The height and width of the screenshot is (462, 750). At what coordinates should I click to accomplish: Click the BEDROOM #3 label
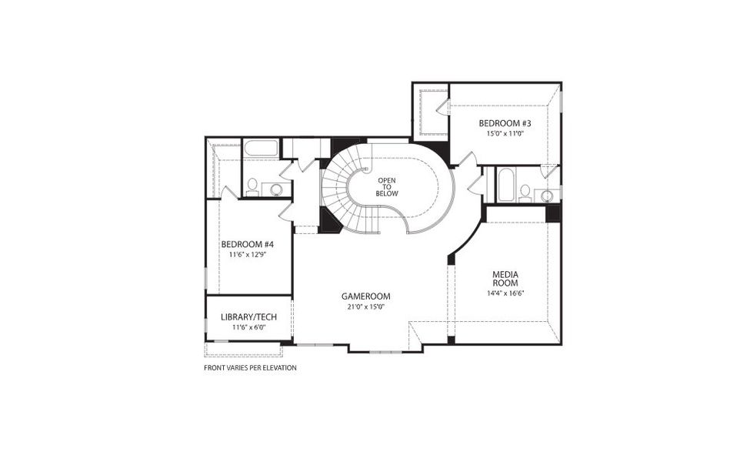505,123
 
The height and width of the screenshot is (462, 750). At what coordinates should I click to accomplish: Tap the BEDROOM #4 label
248,245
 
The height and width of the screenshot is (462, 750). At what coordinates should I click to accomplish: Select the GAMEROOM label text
366,296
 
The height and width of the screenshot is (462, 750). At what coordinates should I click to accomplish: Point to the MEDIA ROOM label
505,279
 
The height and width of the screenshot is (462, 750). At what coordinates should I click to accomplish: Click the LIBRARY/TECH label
248,317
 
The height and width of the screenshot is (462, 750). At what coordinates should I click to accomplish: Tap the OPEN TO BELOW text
386,187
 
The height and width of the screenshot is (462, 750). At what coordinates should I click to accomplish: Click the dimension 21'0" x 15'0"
366,306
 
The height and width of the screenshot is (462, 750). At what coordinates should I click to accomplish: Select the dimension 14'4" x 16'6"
505,293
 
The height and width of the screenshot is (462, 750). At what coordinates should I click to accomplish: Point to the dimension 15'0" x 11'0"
505,133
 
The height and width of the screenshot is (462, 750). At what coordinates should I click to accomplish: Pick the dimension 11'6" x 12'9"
248,254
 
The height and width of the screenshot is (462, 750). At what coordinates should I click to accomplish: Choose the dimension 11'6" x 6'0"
248,327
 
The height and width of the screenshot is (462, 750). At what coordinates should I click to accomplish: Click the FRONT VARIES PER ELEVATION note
250,368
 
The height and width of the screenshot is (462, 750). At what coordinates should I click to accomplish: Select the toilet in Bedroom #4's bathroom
252,187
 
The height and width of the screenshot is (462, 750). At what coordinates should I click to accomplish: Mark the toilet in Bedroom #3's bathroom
525,192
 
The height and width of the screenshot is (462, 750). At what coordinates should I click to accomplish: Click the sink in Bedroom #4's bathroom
276,189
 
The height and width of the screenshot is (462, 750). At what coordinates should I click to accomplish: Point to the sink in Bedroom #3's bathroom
548,194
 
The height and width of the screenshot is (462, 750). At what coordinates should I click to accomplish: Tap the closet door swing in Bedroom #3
442,108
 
